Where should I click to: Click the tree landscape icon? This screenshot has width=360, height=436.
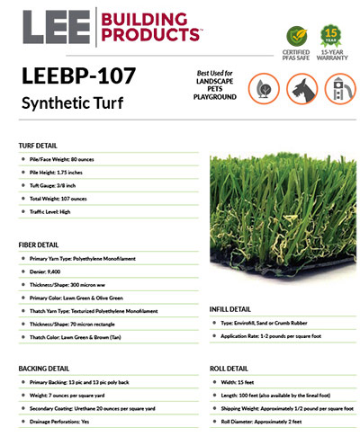tap(262, 88)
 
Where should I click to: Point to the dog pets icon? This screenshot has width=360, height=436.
tap(301, 88)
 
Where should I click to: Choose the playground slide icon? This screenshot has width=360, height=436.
tap(340, 88)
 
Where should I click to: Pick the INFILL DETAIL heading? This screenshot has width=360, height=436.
tap(235, 307)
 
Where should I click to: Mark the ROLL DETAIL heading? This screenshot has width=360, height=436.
tap(231, 369)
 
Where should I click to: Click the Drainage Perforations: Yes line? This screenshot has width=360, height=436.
tap(69, 422)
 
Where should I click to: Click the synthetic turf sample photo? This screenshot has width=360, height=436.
tap(278, 211)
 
